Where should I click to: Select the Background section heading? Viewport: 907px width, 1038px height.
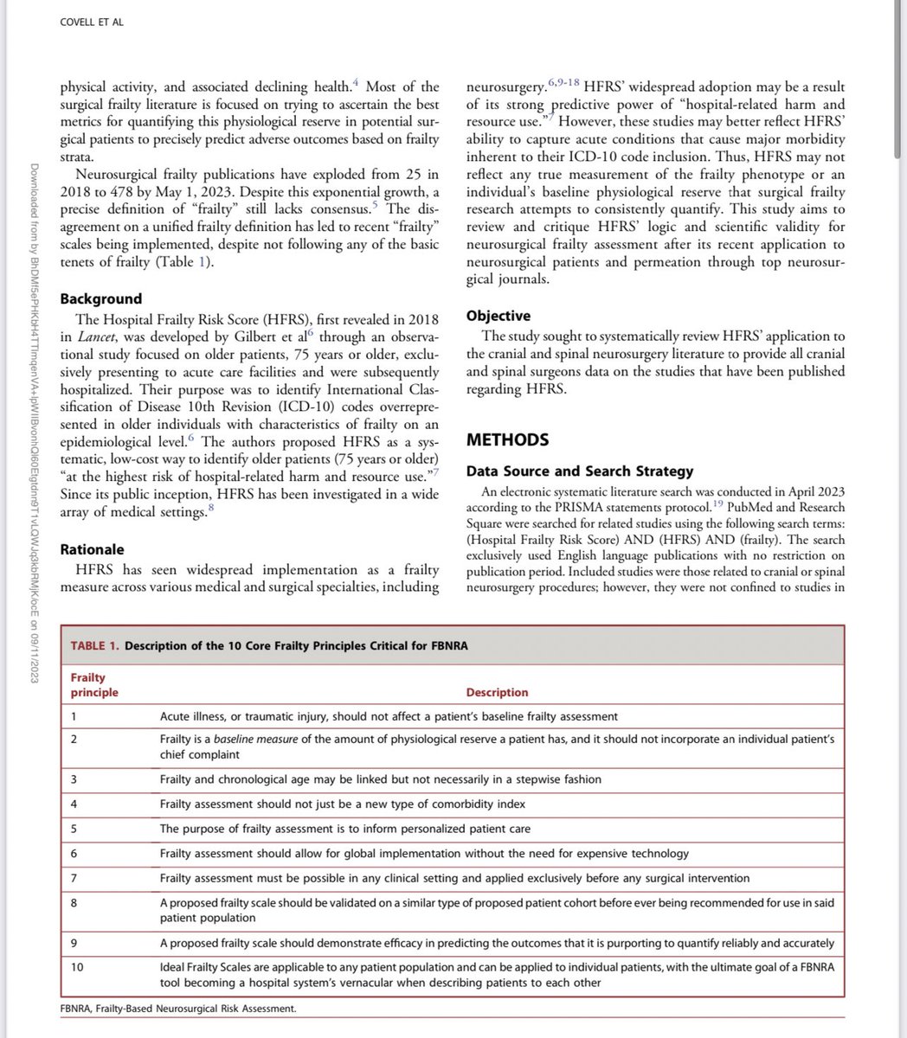click(x=100, y=298)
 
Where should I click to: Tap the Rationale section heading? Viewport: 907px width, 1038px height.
click(x=92, y=549)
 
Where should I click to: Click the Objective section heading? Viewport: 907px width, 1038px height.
click(x=498, y=316)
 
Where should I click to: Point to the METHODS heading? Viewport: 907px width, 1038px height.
click(x=507, y=440)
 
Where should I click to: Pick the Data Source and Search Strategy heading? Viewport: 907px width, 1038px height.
click(x=580, y=471)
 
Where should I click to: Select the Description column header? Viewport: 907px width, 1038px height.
click(x=497, y=692)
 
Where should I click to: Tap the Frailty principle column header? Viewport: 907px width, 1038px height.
click(x=93, y=686)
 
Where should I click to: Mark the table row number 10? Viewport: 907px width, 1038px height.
click(x=77, y=966)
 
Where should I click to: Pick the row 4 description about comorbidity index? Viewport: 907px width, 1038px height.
click(x=343, y=804)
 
